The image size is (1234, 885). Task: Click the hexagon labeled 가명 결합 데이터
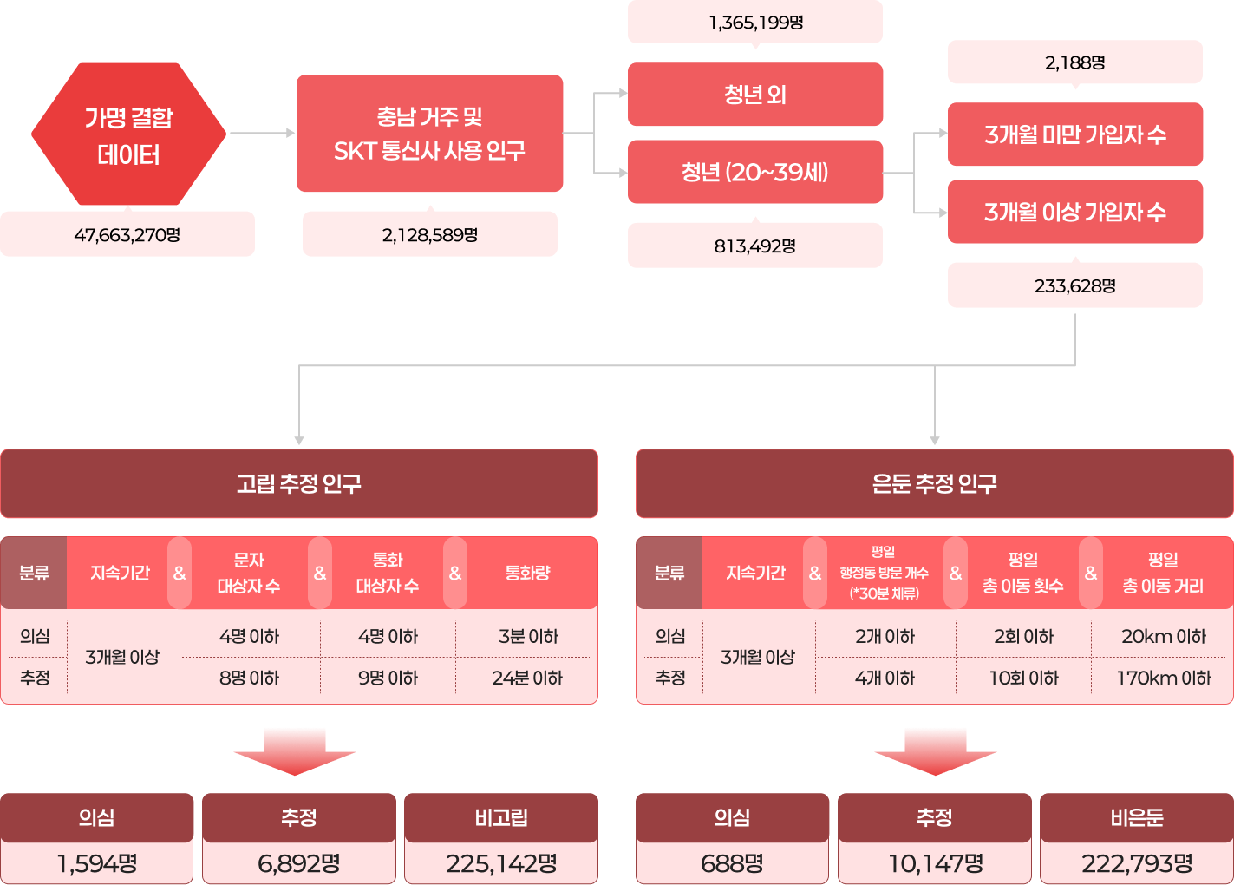pos(128,134)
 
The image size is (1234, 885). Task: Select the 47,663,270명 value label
pos(127,234)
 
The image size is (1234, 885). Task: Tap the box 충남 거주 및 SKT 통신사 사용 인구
pos(429,134)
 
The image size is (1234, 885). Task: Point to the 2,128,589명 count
pos(429,234)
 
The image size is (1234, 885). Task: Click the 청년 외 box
pos(754,95)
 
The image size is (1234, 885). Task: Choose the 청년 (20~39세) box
pos(754,172)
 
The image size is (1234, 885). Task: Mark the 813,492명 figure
pos(754,246)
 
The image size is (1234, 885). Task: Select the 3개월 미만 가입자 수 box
pos(1074,134)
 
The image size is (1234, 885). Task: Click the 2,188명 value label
pos(1074,62)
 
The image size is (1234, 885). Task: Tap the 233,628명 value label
pos(1074,285)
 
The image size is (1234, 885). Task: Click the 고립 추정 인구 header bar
pos(299,483)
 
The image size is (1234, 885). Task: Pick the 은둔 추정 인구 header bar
pos(934,483)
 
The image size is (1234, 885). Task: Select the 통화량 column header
pos(527,573)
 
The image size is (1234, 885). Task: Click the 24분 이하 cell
pos(527,678)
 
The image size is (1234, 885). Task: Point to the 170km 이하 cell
pos(1163,678)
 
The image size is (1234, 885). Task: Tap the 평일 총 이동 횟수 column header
pos(1022,573)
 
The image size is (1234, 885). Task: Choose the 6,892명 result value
pos(299,863)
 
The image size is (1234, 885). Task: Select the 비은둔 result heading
pos(1136,817)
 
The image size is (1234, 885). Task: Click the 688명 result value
pos(732,863)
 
